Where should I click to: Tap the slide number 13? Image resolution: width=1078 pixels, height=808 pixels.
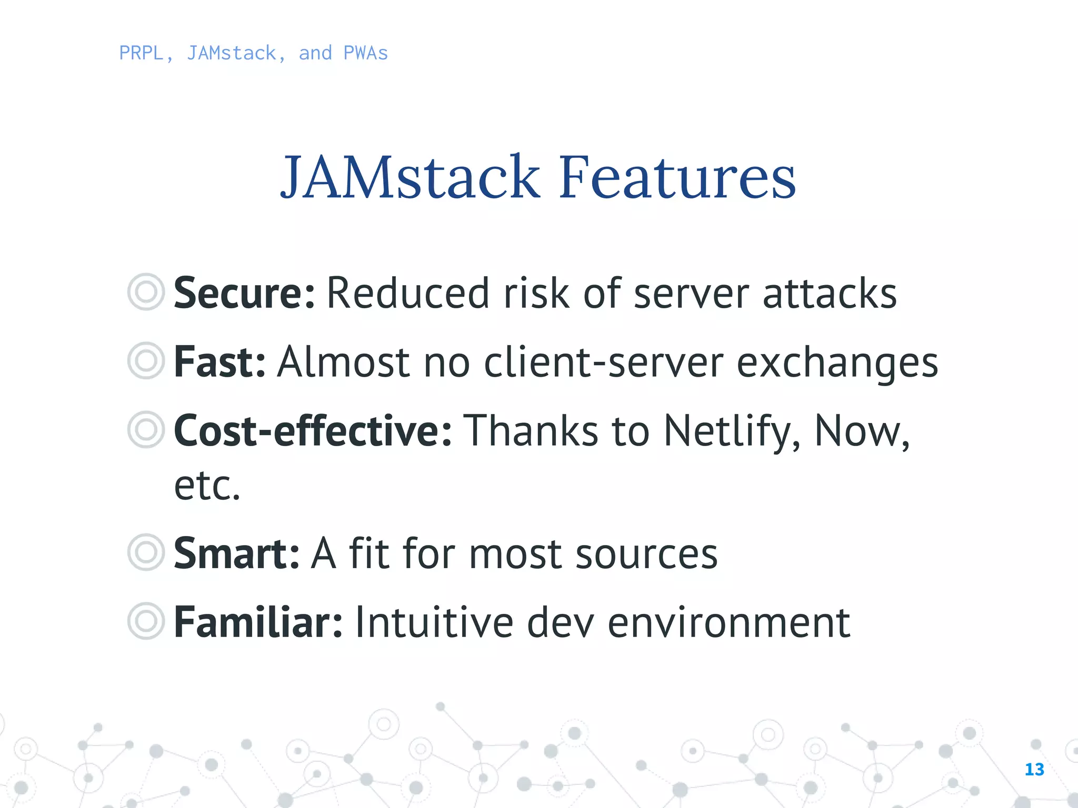tap(1034, 770)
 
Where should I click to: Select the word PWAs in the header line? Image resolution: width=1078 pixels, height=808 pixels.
tap(365, 53)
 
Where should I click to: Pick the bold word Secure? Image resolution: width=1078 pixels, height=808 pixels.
tap(244, 293)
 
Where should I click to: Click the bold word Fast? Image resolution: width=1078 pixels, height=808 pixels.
tap(219, 362)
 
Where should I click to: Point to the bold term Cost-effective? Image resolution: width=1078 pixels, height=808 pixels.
tap(313, 431)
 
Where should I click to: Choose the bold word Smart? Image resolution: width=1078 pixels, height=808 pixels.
tap(236, 553)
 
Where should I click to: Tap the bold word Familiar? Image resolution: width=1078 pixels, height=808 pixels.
tap(258, 622)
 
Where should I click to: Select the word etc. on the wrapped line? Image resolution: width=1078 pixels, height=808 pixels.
tap(207, 486)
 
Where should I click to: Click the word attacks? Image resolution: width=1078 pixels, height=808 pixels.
tap(830, 293)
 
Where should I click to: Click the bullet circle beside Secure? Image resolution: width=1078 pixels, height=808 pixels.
tap(146, 291)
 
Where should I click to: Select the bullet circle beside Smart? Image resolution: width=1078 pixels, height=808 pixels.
tap(146, 552)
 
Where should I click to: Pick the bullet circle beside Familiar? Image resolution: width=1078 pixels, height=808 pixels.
tap(146, 621)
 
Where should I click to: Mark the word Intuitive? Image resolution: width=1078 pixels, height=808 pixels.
tap(434, 622)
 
